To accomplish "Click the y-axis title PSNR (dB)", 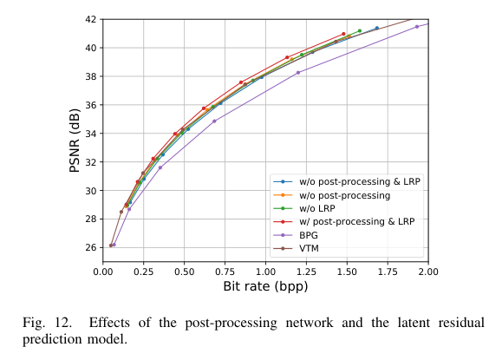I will coord(75,141).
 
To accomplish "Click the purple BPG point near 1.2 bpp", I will coord(298,72).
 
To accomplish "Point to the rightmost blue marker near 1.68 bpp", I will coord(376,28).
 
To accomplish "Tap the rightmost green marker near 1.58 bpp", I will coord(360,31).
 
